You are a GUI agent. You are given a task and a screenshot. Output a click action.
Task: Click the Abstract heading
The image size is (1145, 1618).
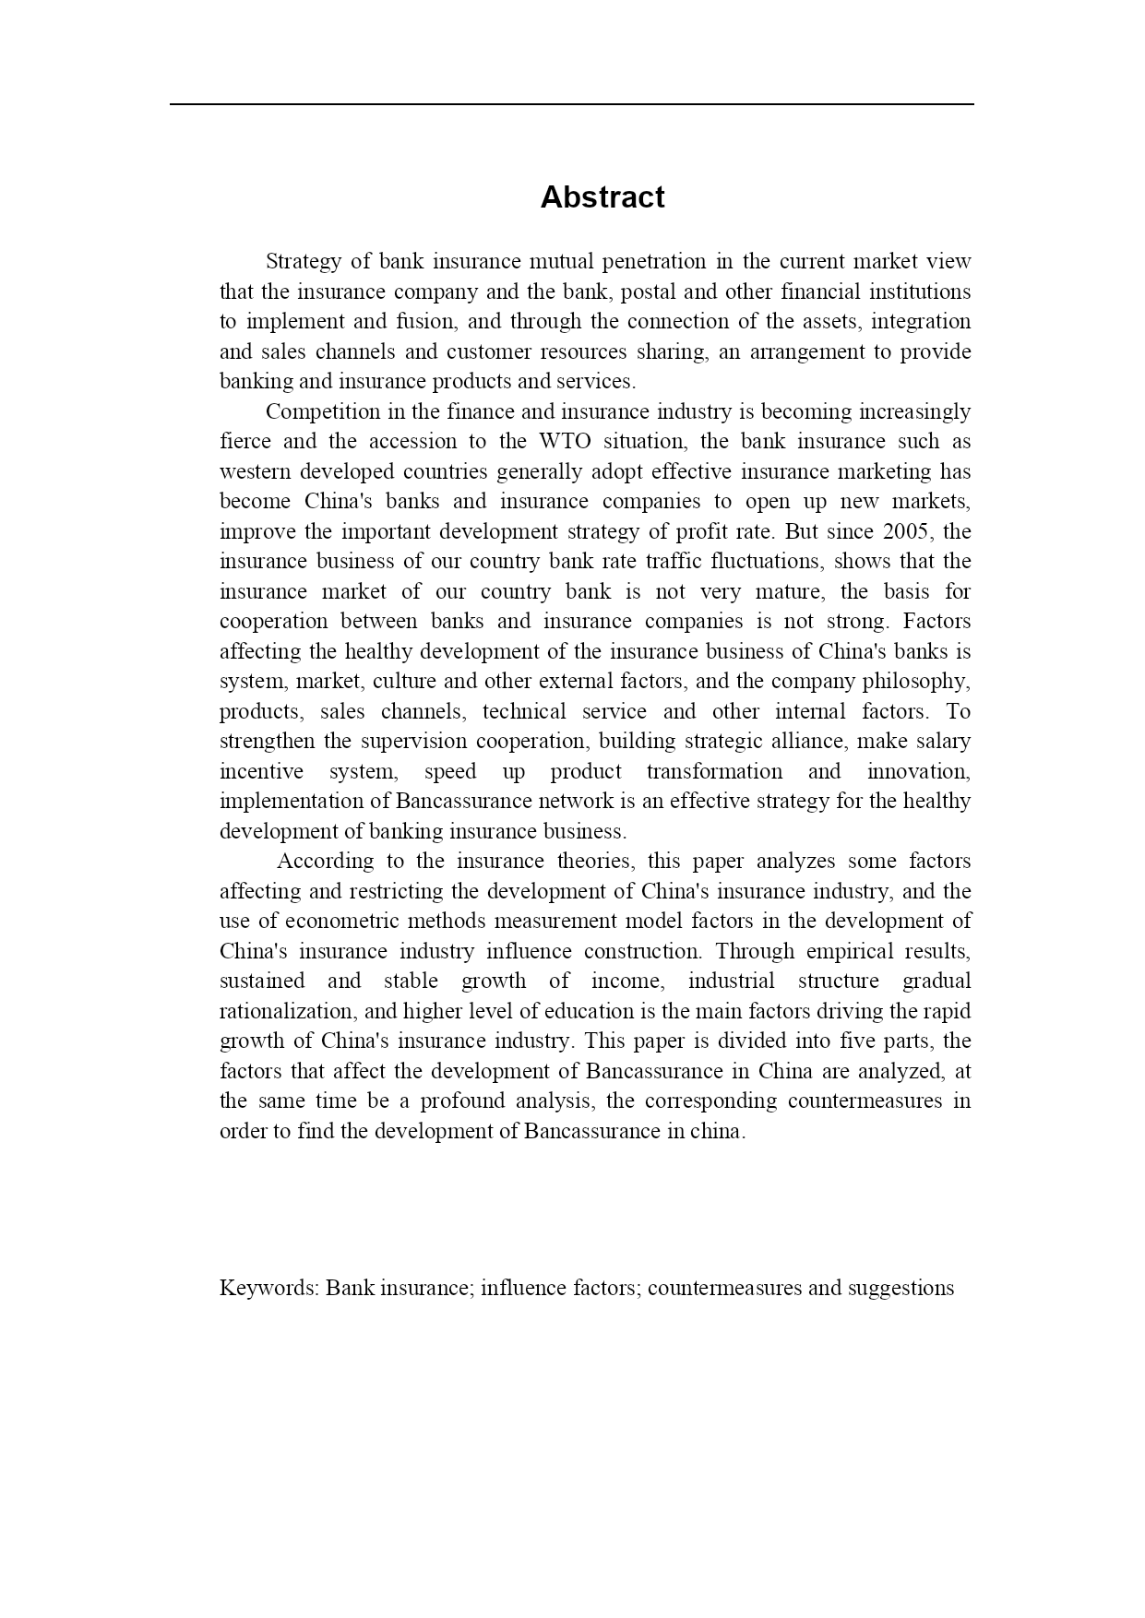602,197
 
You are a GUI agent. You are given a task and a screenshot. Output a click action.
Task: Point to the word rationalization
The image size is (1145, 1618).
285,1011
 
